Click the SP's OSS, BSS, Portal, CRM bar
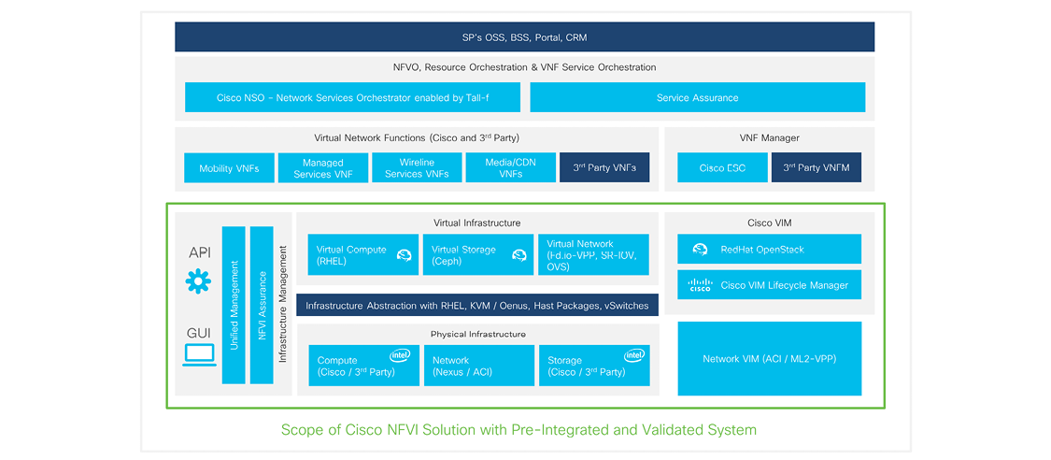pos(524,37)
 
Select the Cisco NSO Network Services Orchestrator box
pos(352,97)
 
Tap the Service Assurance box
pos(697,97)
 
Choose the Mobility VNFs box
pos(229,168)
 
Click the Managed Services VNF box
pos(323,168)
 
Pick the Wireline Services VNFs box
pos(417,168)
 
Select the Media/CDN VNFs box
pos(511,168)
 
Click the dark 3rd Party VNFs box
pos(604,168)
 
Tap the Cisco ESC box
pos(722,168)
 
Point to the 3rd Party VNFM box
pos(817,168)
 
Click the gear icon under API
pos(198,281)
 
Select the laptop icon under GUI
pos(199,354)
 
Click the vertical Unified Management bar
pos(234,305)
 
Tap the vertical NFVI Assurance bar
pos(262,305)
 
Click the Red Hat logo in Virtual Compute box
pos(405,254)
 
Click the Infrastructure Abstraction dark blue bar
pos(477,306)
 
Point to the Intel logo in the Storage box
pos(634,355)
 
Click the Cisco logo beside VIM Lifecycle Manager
pos(700,285)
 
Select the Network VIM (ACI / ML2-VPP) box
pos(769,359)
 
